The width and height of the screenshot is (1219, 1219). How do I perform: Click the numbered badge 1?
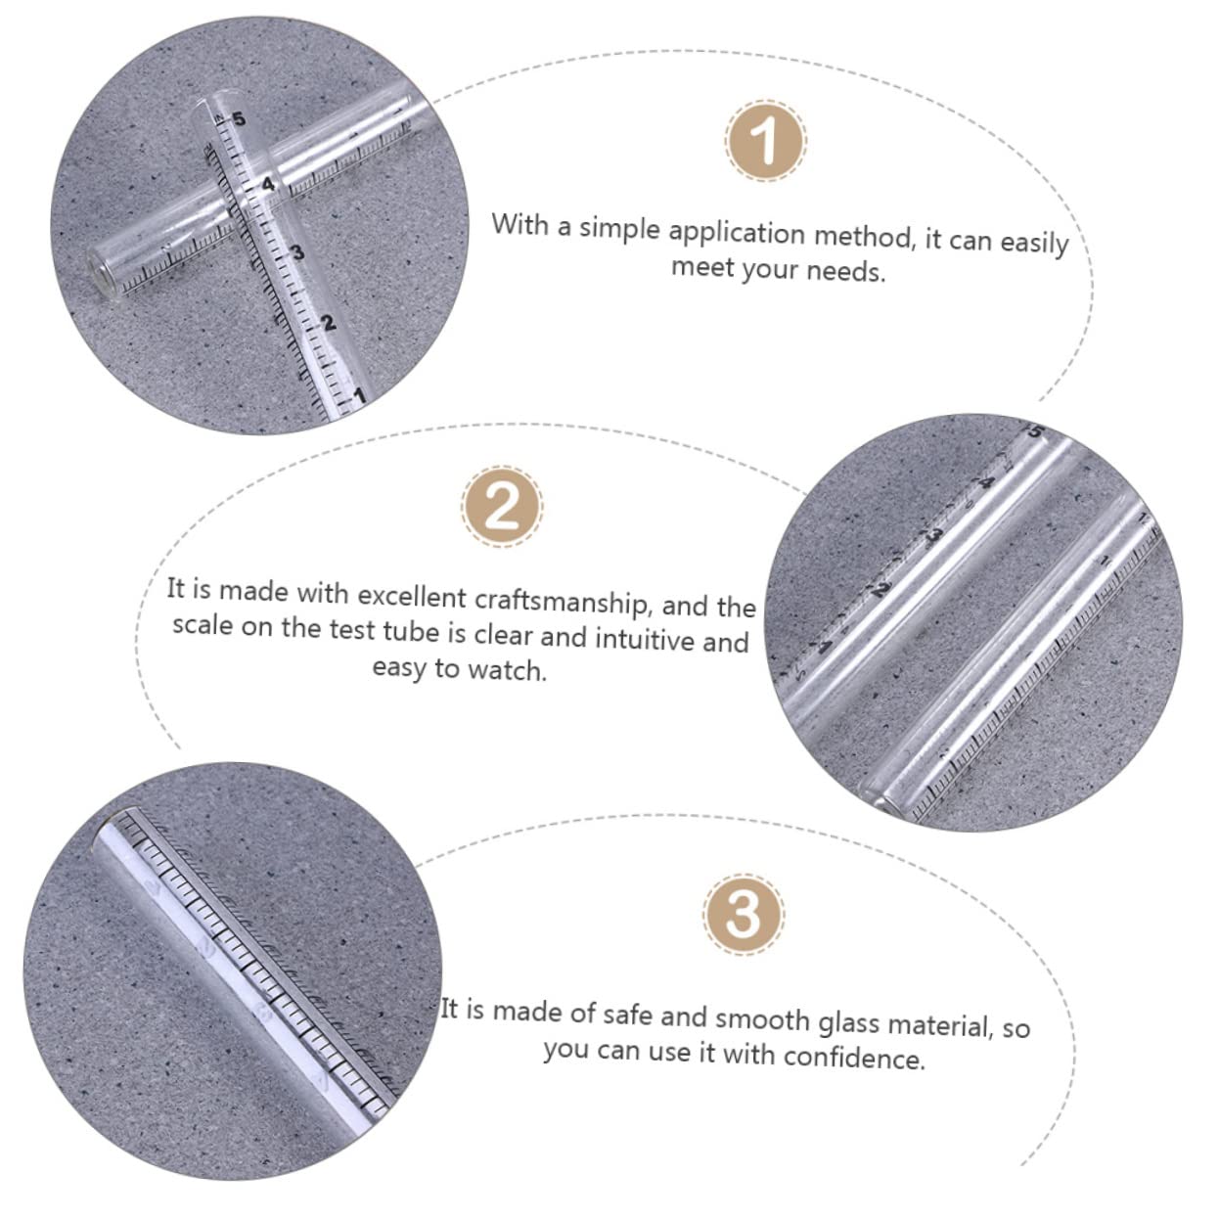(766, 140)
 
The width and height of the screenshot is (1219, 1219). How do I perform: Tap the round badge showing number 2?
(502, 507)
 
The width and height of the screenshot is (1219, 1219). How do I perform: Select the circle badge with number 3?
(743, 914)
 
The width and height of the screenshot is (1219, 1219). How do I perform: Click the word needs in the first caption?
(848, 271)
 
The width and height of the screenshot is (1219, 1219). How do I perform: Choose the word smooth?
(760, 1018)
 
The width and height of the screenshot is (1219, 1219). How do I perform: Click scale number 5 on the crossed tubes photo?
(239, 120)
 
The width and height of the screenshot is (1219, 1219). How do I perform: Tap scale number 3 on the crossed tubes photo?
(297, 253)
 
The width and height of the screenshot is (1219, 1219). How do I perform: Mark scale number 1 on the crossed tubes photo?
(358, 396)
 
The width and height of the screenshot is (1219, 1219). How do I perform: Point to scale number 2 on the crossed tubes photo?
(329, 323)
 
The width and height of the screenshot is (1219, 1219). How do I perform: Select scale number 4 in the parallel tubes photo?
(986, 482)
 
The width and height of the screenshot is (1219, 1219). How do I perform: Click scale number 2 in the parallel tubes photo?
(882, 589)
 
